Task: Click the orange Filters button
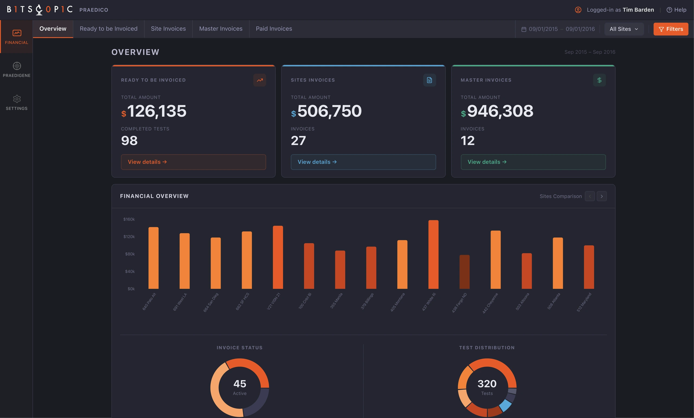click(x=671, y=29)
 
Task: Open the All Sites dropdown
click(x=624, y=29)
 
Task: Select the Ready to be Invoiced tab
click(x=108, y=29)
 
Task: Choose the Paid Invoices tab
click(x=274, y=29)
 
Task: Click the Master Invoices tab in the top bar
click(x=221, y=29)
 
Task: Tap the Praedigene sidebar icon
click(x=17, y=66)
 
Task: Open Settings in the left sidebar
click(x=17, y=102)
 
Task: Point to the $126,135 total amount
click(x=154, y=111)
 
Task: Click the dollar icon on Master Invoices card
click(x=599, y=80)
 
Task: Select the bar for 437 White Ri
click(x=433, y=254)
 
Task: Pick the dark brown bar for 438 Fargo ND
click(x=464, y=272)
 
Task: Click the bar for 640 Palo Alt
click(x=153, y=258)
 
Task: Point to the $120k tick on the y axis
click(x=129, y=237)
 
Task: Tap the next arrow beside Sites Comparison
click(x=602, y=196)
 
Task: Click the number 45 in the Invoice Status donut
click(x=240, y=384)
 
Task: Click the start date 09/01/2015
click(x=543, y=29)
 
